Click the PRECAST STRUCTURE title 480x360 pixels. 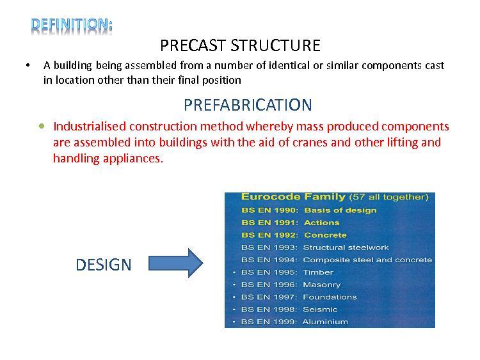click(x=240, y=45)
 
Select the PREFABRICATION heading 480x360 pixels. click(x=248, y=105)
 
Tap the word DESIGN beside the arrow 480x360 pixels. click(x=104, y=265)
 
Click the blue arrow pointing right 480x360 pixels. click(x=176, y=263)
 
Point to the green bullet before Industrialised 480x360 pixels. click(x=42, y=126)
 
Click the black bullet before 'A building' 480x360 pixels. click(x=28, y=65)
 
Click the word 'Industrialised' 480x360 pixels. click(x=90, y=126)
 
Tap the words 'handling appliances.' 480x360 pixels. click(x=108, y=159)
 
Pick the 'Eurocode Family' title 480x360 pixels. click(x=293, y=197)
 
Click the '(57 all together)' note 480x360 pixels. click(x=388, y=197)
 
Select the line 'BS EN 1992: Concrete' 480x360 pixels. click(x=294, y=235)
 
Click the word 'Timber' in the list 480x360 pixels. click(x=318, y=272)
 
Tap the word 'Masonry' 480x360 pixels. click(x=322, y=285)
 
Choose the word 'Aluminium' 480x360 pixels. click(x=325, y=322)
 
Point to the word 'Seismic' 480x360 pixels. click(x=320, y=309)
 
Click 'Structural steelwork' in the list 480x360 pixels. click(x=346, y=247)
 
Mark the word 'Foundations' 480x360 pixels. click(x=330, y=297)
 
